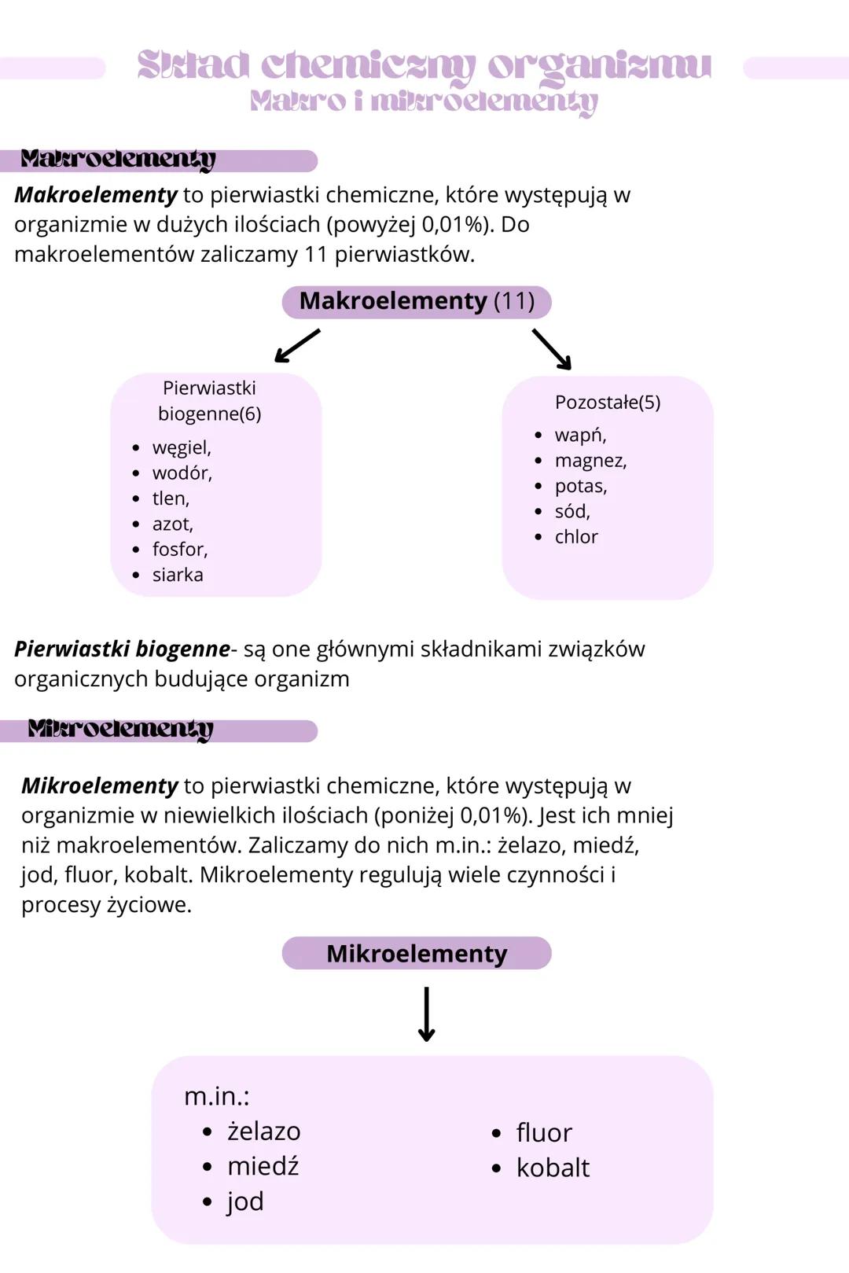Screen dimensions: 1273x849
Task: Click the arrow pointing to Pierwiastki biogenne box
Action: (297, 346)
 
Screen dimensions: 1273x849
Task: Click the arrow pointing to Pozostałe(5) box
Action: (552, 349)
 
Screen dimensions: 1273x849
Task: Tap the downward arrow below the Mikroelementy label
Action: (426, 1014)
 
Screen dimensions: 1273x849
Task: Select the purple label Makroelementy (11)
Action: (417, 301)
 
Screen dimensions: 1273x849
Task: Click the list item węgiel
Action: (182, 447)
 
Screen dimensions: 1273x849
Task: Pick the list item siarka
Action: (178, 575)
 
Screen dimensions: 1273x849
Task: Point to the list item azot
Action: (172, 524)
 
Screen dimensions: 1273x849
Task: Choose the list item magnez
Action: (590, 460)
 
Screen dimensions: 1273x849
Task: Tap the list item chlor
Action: (576, 536)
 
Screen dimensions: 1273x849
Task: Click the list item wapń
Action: (580, 435)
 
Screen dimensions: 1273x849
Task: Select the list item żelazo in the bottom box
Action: (263, 1131)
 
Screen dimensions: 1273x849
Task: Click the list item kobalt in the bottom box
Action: (553, 1168)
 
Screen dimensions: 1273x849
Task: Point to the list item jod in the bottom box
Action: (245, 1201)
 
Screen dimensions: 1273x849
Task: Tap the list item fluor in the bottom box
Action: (544, 1132)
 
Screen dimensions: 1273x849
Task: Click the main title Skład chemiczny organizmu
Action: (424, 65)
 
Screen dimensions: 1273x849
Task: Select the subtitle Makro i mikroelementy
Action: (424, 101)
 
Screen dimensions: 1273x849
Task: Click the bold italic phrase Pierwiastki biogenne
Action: (122, 649)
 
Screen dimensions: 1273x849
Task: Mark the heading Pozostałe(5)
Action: (607, 402)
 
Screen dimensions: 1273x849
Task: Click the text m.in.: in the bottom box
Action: (216, 1095)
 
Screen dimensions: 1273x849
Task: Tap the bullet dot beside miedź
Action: (208, 1167)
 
